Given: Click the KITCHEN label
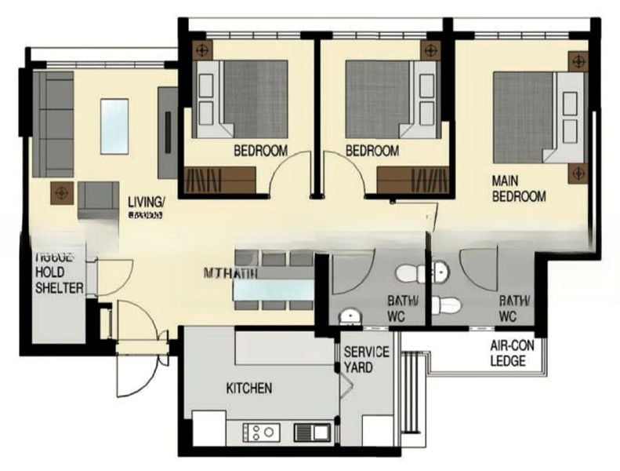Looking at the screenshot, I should point(249,389).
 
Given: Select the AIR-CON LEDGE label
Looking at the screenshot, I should point(507,354).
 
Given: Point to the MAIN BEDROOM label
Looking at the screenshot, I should point(518,188).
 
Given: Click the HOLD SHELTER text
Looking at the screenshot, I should point(58,282).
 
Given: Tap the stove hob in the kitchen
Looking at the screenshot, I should point(259,431).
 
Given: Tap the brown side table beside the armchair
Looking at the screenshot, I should point(61,191).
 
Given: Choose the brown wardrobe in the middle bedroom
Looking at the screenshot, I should point(412,180).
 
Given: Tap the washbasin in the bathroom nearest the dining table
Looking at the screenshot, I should point(350,316).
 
